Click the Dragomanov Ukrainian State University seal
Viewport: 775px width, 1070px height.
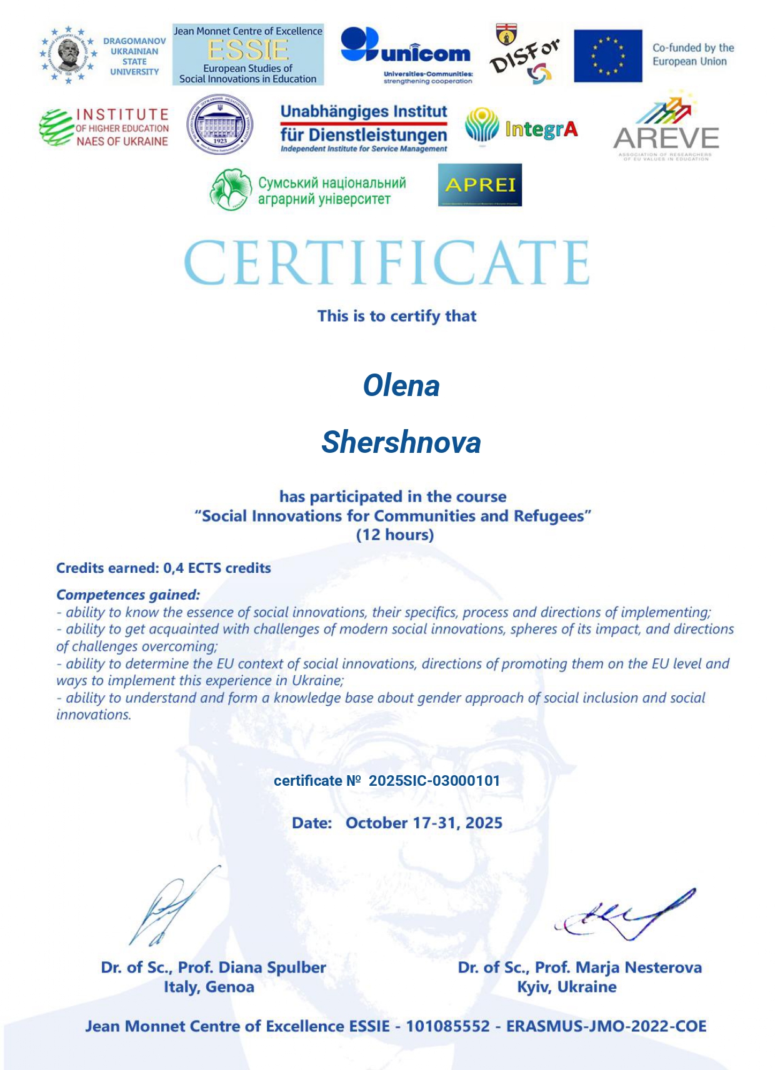[68, 55]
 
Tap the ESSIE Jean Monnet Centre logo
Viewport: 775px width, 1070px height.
[248, 55]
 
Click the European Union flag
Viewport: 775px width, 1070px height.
[607, 56]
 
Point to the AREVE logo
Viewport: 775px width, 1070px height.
[666, 128]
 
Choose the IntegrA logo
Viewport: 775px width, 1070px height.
[521, 127]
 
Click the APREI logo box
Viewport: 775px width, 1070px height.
[480, 185]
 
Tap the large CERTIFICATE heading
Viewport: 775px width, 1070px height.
[387, 262]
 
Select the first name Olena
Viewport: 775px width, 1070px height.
[401, 385]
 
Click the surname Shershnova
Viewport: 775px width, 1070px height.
[401, 442]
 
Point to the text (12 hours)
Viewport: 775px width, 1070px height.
[395, 535]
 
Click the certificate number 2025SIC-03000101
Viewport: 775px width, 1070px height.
[434, 781]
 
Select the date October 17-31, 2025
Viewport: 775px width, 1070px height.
[424, 823]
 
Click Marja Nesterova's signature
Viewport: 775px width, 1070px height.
[625, 915]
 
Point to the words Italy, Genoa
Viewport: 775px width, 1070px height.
[209, 987]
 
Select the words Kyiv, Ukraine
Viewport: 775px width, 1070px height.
[566, 987]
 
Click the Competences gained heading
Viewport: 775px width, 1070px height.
[128, 595]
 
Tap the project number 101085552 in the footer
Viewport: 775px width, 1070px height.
[447, 1026]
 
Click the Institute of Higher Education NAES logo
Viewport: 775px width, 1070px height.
[104, 127]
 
